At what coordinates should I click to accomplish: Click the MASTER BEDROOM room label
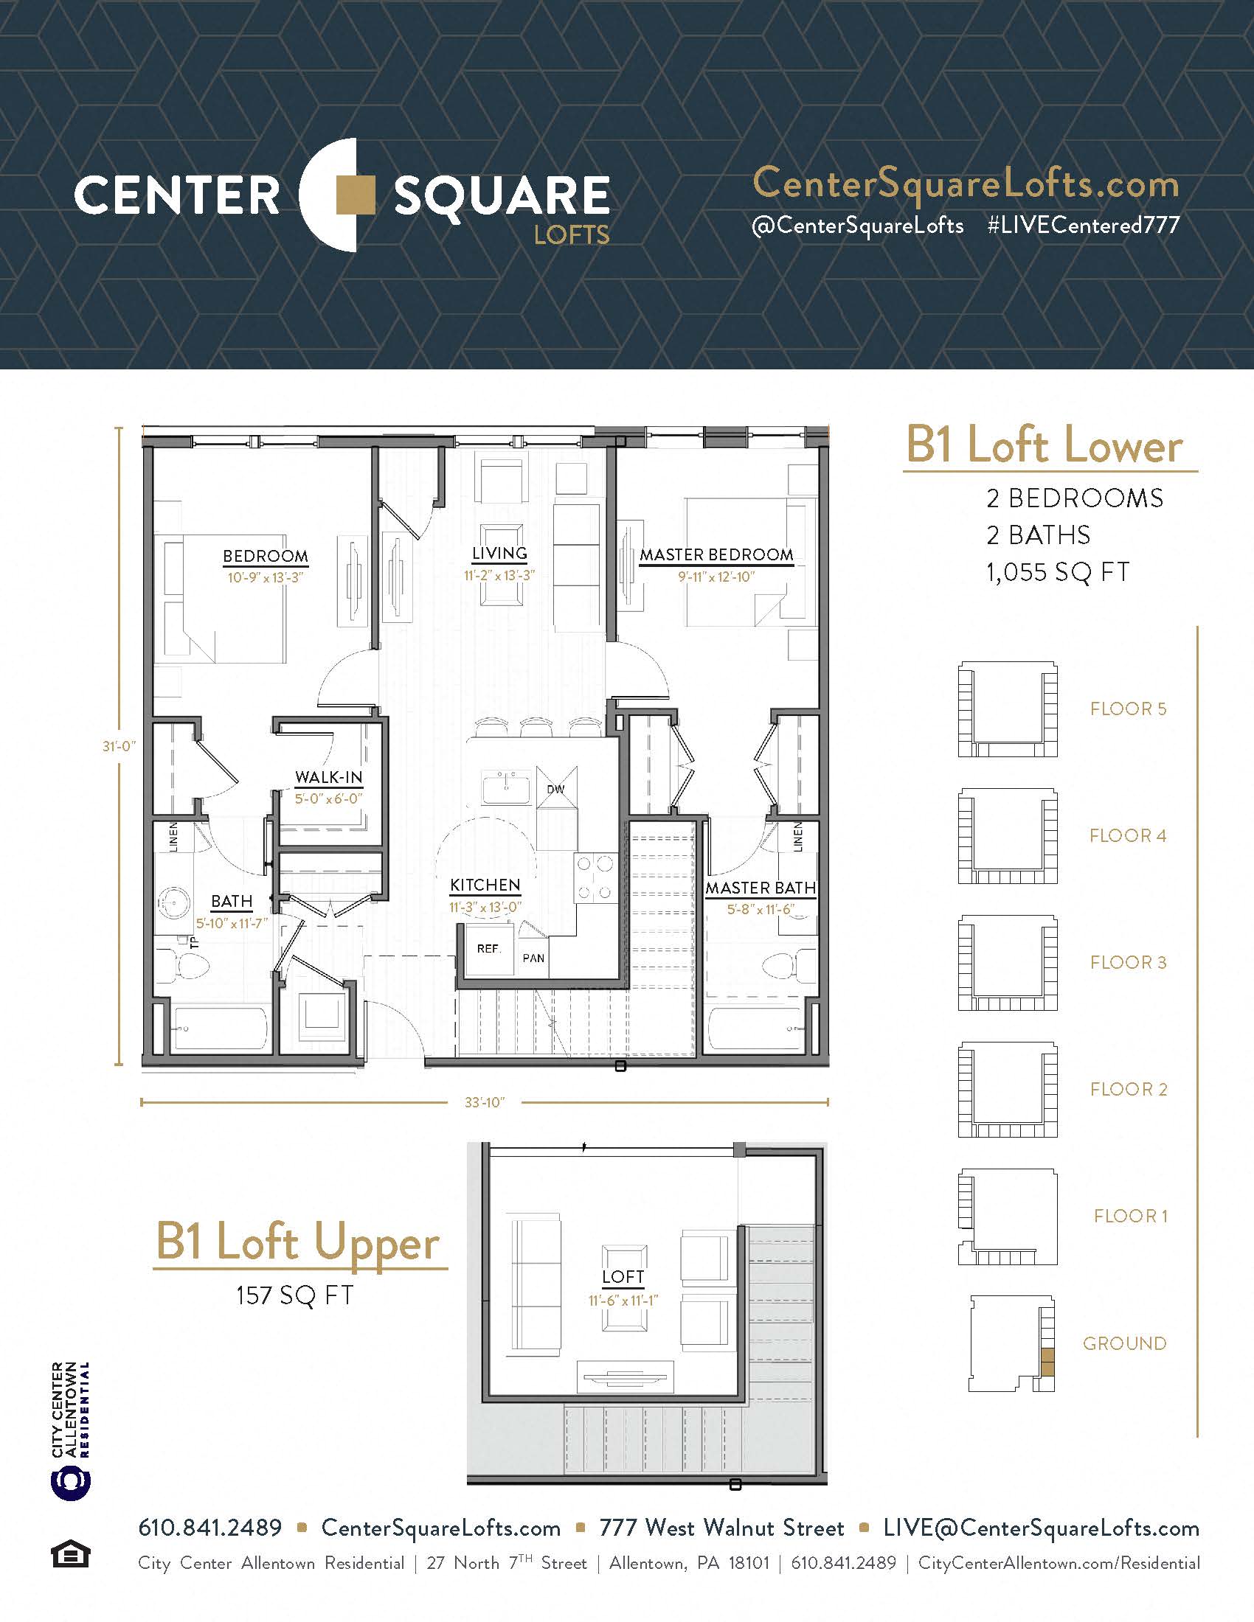(716, 554)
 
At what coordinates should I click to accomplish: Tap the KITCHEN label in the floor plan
(485, 885)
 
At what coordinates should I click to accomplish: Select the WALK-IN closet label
(328, 778)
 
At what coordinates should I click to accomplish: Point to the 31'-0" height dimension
(119, 745)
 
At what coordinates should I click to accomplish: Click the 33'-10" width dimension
(485, 1103)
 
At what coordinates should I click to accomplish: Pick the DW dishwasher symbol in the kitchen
(555, 790)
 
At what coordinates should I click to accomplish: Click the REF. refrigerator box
(488, 949)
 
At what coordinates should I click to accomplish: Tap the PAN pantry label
(533, 958)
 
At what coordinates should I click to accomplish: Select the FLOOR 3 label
(1128, 962)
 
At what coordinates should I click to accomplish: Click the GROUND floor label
(1124, 1343)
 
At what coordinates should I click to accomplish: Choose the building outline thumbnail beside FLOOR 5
(1008, 709)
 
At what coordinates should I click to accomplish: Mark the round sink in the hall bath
(175, 902)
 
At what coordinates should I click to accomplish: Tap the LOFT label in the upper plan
(623, 1277)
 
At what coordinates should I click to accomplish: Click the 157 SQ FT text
(294, 1296)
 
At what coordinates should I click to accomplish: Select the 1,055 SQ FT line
(1057, 572)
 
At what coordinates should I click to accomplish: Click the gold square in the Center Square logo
(356, 195)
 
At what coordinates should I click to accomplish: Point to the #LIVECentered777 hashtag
(1083, 225)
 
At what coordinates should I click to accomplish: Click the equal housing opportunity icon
(71, 1554)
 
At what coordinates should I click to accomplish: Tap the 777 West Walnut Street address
(721, 1528)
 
